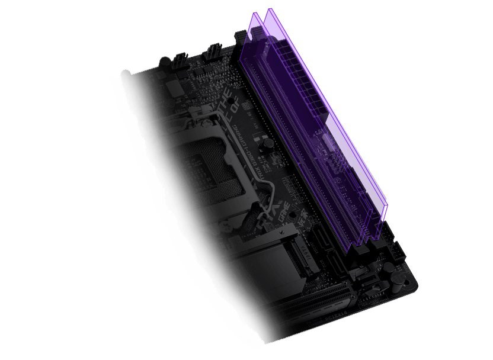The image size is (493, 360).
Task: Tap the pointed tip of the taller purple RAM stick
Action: tap(270, 10)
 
